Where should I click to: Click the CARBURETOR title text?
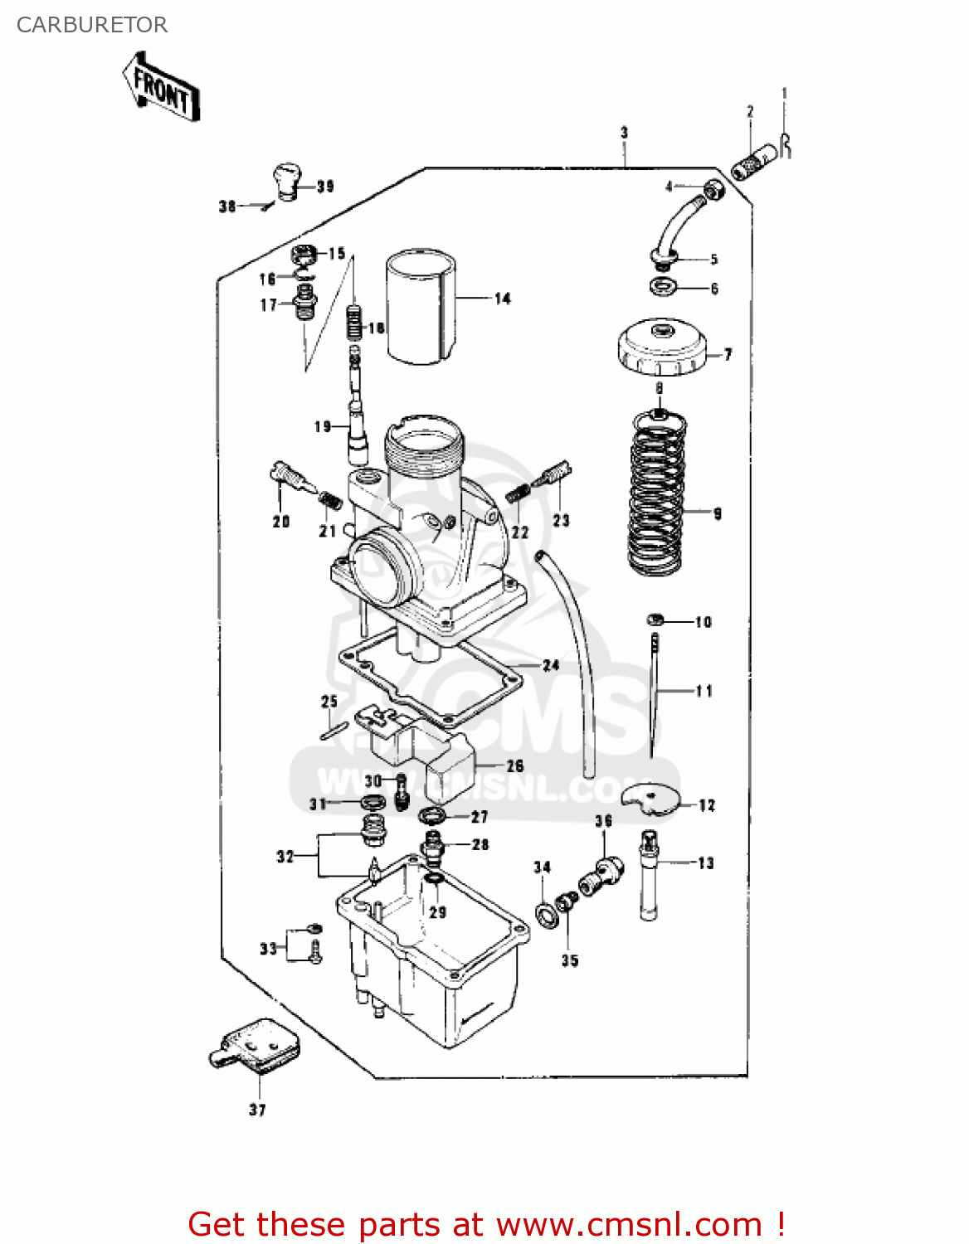pos(92,25)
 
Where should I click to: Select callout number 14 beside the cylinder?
pos(503,299)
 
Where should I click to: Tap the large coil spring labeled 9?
pos(658,493)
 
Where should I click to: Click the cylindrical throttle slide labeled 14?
pos(421,307)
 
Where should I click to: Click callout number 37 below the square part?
pos(257,1110)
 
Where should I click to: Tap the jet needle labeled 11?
pos(654,697)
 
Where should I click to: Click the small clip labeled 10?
pos(655,620)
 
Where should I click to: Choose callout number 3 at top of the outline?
pos(624,133)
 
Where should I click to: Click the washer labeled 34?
pos(546,915)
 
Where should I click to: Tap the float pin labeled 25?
pos(333,730)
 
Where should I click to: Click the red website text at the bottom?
pos(486,1224)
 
